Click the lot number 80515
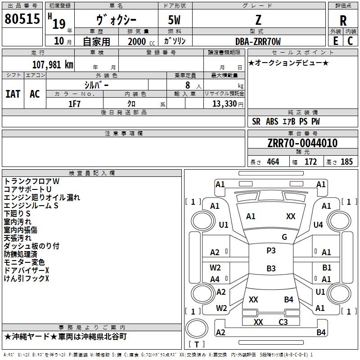point(22,18)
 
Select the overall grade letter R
point(343,21)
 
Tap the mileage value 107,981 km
point(53,65)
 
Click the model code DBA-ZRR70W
point(258,41)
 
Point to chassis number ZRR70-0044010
point(302,143)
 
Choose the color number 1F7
point(74,104)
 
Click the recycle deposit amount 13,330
point(225,104)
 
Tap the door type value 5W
point(174,20)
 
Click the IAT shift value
point(13,94)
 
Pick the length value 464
point(273,162)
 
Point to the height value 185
point(346,162)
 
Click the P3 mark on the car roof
point(271,251)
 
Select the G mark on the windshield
point(284,237)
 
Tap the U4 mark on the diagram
point(318,225)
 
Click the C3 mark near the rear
point(283,322)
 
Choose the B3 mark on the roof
point(271,268)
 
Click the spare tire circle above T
point(197,328)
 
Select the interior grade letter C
point(350,41)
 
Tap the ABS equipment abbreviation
point(272,121)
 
